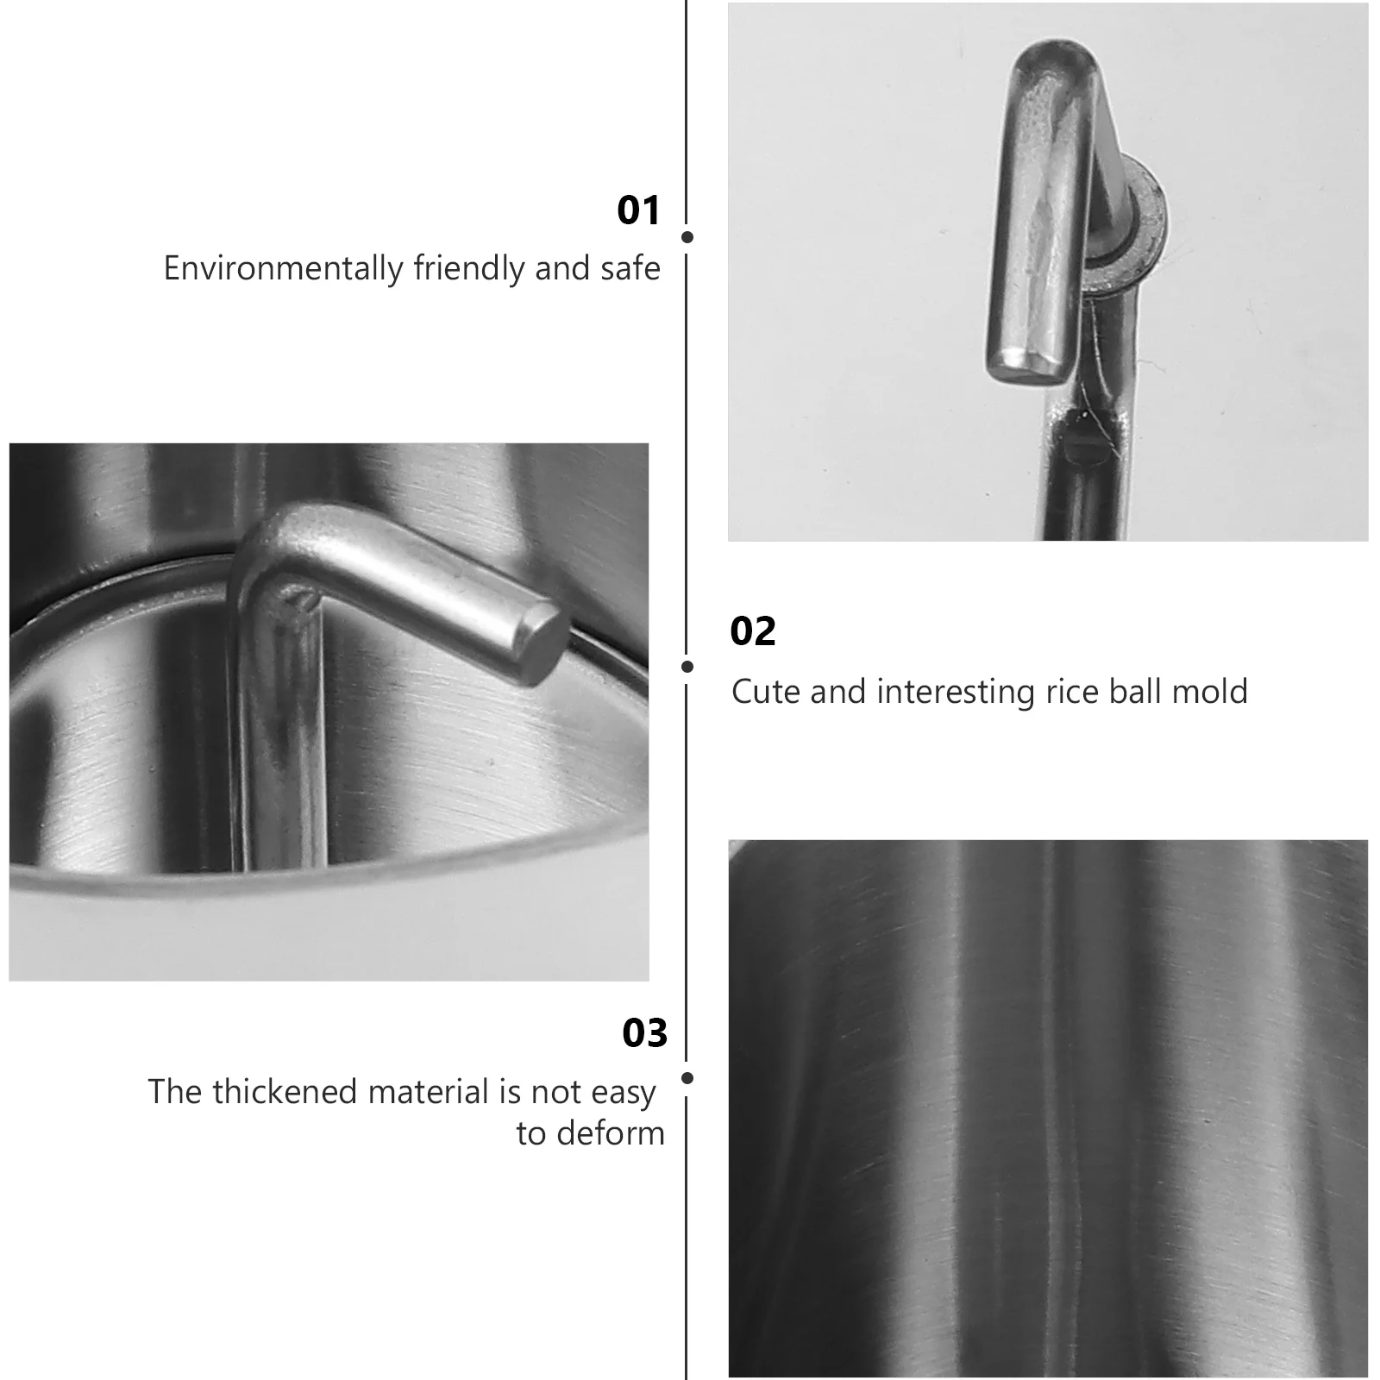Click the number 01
[638, 210]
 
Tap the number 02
[753, 631]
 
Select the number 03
[645, 1033]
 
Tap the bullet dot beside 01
[687, 236]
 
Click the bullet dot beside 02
[687, 666]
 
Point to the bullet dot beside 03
[687, 1078]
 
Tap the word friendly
[470, 269]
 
